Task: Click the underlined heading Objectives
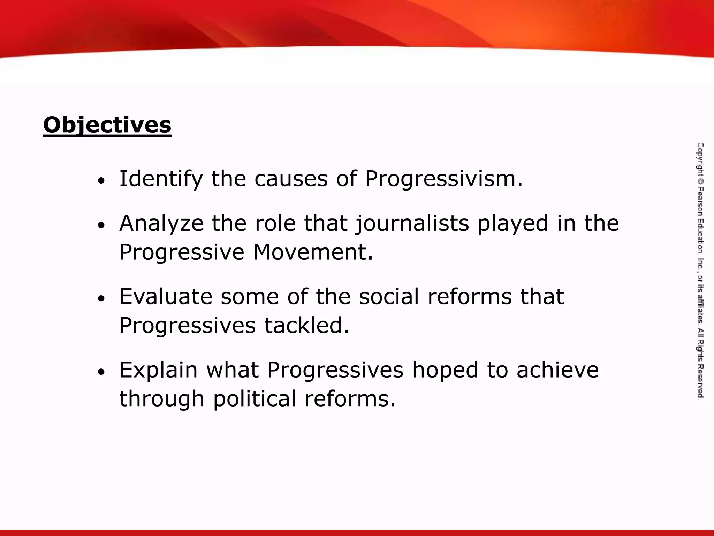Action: click(x=107, y=125)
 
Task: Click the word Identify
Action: click(x=161, y=179)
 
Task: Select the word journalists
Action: click(x=412, y=223)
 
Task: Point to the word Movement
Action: click(x=313, y=252)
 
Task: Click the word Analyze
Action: click(x=161, y=223)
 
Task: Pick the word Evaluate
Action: click(x=166, y=297)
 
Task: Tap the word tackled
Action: click(x=306, y=325)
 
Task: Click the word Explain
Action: click(x=159, y=370)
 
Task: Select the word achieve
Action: click(x=557, y=370)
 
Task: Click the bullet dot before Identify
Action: click(x=101, y=181)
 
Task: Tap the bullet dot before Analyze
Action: click(x=101, y=225)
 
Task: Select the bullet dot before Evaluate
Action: click(x=101, y=299)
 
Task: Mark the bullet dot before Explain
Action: click(x=101, y=372)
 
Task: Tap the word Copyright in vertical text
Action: click(x=700, y=161)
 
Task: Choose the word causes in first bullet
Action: click(x=291, y=179)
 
